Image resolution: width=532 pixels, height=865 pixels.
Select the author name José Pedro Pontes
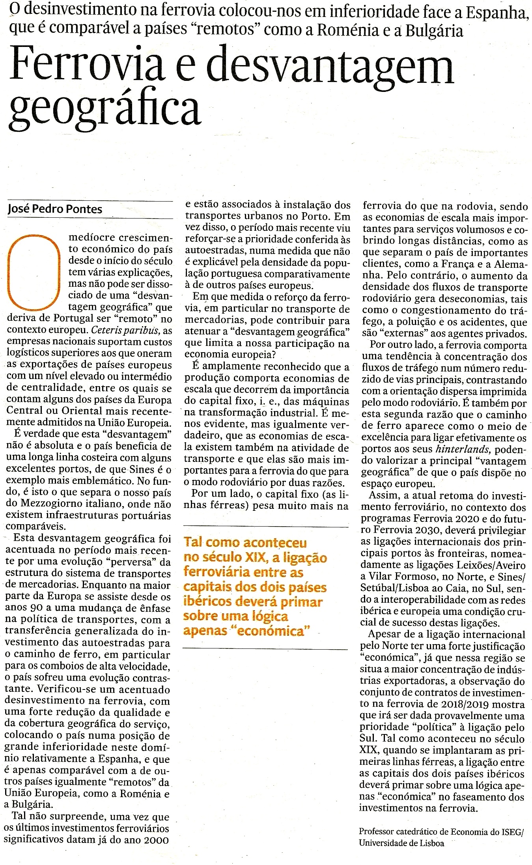(55, 209)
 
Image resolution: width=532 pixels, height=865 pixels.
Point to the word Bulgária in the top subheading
(434, 30)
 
